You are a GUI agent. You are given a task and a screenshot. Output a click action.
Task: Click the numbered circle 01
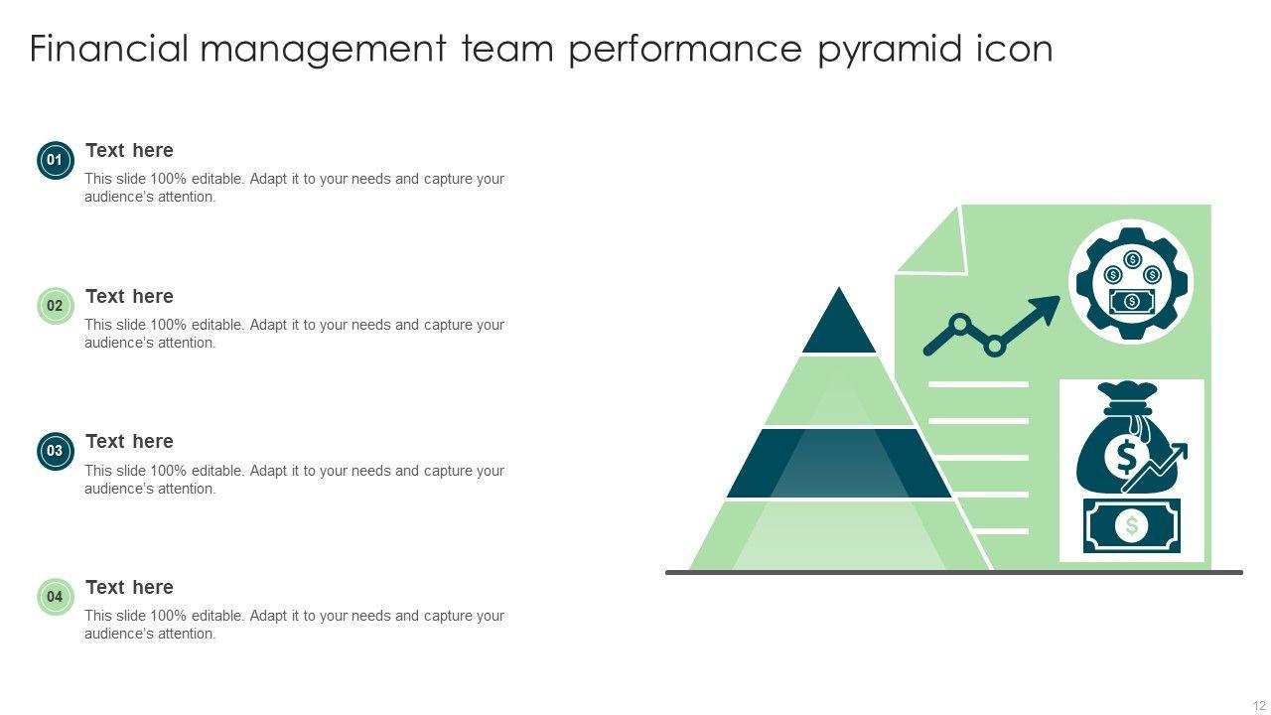[55, 160]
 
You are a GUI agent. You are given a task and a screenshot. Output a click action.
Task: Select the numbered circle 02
[55, 306]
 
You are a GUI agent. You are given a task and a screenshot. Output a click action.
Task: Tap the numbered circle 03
[55, 451]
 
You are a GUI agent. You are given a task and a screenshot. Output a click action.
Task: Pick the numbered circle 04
[55, 597]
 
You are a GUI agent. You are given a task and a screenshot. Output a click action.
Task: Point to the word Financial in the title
[108, 49]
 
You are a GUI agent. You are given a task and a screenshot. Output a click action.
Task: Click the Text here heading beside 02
[129, 296]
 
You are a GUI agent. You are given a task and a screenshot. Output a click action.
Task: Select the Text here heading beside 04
[129, 587]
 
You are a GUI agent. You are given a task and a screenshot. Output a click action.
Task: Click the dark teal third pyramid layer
[839, 463]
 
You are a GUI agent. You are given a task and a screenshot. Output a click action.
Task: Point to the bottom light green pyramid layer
[839, 536]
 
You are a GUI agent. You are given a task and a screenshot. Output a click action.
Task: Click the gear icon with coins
[1131, 282]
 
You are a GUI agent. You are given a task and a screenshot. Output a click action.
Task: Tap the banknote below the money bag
[1132, 525]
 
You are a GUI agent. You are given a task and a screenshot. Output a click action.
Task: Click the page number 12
[1259, 706]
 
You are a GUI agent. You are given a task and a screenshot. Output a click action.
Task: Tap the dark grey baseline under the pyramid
[953, 572]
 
